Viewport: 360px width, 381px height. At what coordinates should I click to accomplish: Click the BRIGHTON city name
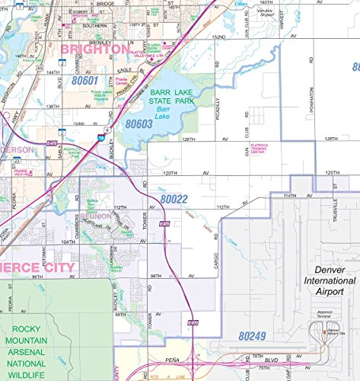coord(94,50)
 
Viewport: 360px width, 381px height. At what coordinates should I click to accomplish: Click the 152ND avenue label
coord(219,36)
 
